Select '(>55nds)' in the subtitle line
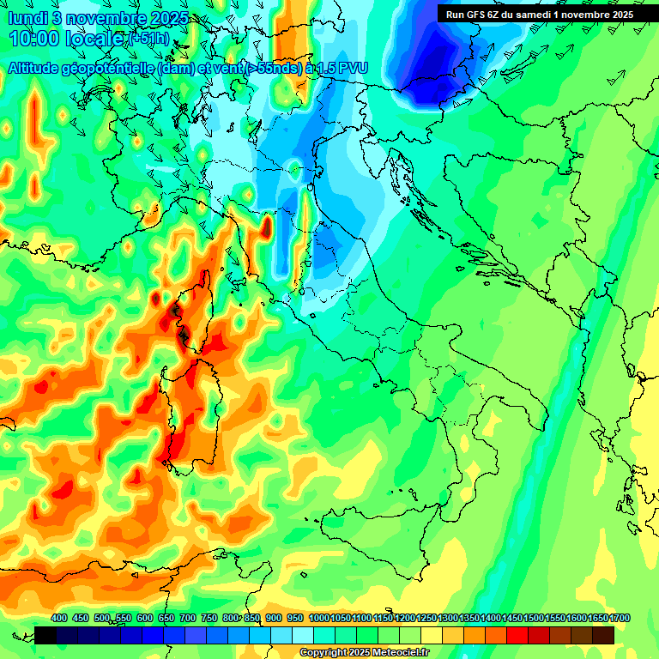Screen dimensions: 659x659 [272, 67]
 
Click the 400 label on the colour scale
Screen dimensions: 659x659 [59, 619]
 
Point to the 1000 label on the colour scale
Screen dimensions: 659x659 [318, 619]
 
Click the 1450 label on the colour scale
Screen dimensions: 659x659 [512, 619]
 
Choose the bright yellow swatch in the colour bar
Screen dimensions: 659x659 [432, 635]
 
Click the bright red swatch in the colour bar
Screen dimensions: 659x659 [517, 635]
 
